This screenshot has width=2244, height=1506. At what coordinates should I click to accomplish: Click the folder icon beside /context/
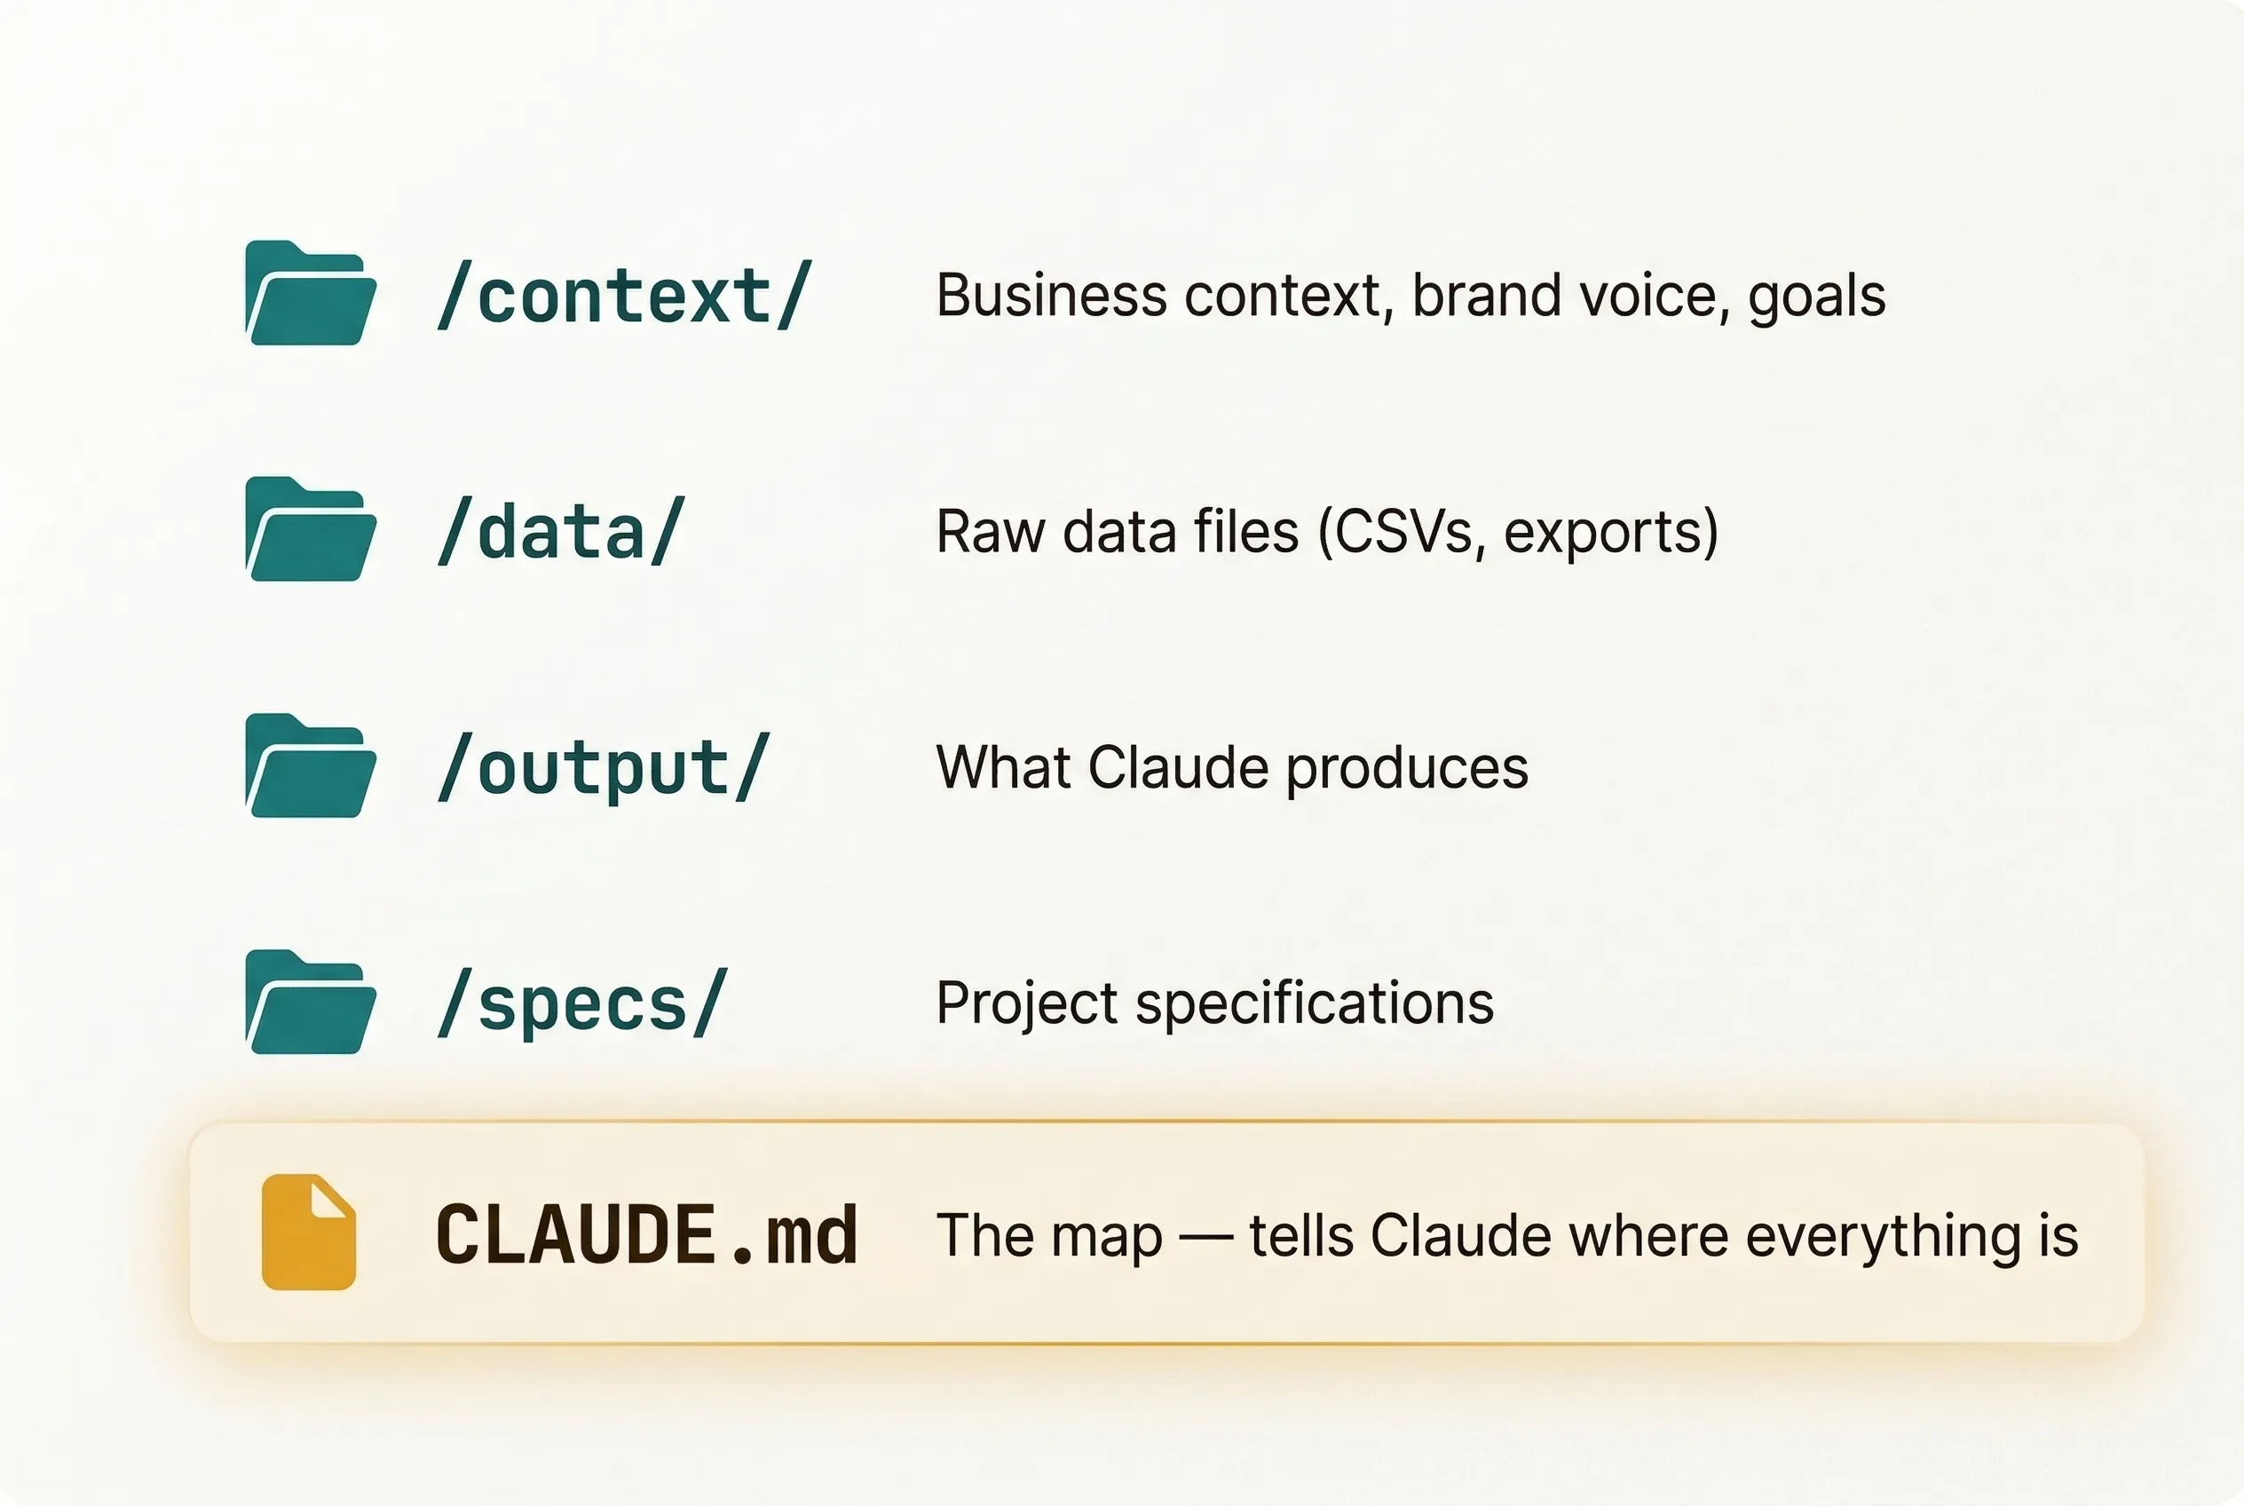tap(311, 293)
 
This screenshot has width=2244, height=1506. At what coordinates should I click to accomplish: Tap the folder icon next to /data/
tap(311, 529)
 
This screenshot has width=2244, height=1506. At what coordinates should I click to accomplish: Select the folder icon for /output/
tap(311, 765)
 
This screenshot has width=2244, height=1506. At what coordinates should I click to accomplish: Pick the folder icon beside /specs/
tap(311, 1002)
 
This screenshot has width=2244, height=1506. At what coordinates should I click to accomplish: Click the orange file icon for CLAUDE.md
tap(309, 1233)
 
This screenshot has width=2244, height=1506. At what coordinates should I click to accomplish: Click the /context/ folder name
tap(625, 295)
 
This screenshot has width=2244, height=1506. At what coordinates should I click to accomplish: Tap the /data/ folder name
tap(562, 531)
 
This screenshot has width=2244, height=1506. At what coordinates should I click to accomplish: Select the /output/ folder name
tap(604, 767)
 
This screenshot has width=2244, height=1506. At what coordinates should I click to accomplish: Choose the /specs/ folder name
tap(583, 1003)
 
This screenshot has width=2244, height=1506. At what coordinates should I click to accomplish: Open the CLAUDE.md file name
tap(646, 1234)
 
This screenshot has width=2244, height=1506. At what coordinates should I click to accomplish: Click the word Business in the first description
tap(1051, 295)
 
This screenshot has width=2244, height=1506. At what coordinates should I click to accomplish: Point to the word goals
tap(1817, 297)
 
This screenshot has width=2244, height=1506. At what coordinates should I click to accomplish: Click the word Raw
tap(991, 531)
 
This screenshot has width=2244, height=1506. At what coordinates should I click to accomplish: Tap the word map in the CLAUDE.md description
tap(1107, 1239)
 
